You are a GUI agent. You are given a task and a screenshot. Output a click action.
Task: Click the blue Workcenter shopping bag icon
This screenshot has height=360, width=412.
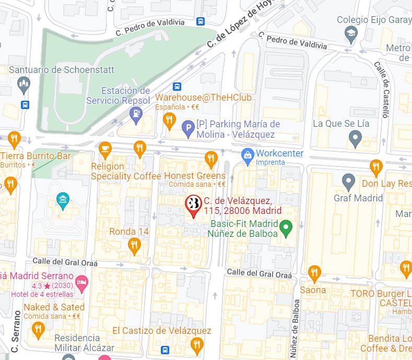click(247, 155)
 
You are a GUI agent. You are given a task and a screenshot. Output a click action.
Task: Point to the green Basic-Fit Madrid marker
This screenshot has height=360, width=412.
click(285, 228)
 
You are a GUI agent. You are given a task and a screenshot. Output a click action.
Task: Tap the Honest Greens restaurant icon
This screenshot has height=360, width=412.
click(211, 158)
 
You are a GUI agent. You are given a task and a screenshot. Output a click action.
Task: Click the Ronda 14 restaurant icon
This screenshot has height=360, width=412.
click(134, 246)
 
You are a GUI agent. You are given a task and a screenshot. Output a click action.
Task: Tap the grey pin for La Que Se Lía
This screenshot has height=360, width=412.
click(355, 139)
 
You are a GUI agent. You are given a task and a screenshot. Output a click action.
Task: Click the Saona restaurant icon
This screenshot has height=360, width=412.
click(314, 272)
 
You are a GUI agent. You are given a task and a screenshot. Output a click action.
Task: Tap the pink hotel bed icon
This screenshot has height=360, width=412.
click(82, 283)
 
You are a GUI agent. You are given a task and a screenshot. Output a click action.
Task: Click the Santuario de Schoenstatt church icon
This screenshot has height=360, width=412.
click(23, 83)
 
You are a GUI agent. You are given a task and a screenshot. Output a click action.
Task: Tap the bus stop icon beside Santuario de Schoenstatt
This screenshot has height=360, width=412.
click(25, 104)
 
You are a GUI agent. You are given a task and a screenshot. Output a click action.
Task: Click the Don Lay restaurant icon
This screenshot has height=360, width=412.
click(375, 167)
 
